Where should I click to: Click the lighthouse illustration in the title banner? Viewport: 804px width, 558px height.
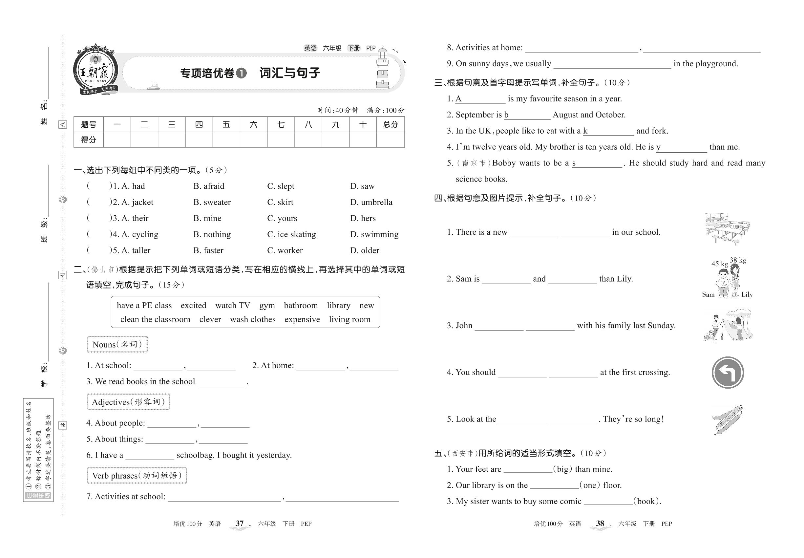point(382,69)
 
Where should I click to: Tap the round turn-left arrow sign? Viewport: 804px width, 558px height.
point(728,372)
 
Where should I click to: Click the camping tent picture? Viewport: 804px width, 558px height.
point(728,326)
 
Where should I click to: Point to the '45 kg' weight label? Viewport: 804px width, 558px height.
point(719,264)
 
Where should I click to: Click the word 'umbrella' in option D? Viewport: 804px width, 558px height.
point(376,202)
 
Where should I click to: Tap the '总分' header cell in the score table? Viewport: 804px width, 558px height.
point(390,124)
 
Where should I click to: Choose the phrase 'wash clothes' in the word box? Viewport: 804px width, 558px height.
point(252,319)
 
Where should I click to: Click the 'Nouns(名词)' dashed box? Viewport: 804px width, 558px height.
point(117,344)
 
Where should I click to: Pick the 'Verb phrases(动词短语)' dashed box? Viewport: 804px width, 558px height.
point(137,476)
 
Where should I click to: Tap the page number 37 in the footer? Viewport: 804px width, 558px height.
point(240,524)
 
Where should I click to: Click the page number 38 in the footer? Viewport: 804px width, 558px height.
point(600,524)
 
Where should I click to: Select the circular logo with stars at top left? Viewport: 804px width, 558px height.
point(95,70)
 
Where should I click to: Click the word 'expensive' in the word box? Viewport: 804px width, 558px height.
point(302,319)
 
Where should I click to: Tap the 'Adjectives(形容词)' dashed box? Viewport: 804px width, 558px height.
point(128,402)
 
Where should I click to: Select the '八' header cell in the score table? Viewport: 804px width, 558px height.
point(308,124)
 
